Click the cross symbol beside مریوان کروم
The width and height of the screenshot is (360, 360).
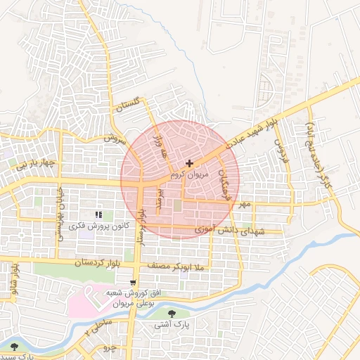[x=189, y=163]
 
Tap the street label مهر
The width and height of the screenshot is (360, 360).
[x=243, y=204]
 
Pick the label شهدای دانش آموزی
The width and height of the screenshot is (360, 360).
[x=236, y=231]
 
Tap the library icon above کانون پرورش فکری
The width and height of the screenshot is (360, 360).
[x=98, y=214]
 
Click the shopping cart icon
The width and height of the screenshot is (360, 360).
[x=132, y=282]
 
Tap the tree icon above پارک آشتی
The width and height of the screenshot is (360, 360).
[x=174, y=314]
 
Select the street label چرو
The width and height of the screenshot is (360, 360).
[x=108, y=348]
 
